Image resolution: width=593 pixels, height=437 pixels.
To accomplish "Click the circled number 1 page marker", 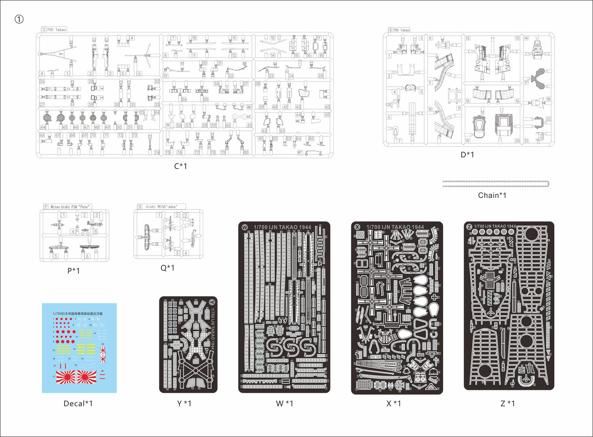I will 19,19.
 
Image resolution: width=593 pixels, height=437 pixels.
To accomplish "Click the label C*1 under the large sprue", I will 181,166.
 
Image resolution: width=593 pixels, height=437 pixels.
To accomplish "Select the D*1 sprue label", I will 467,155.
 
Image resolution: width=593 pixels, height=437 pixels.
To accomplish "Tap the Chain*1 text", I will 492,195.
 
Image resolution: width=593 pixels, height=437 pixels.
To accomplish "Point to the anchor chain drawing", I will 496,184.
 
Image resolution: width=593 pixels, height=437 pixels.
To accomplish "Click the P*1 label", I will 74,271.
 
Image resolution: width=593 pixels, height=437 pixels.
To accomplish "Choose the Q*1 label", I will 167,268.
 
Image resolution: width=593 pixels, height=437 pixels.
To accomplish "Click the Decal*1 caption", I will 78,403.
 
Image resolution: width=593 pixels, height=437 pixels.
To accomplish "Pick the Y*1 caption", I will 184,403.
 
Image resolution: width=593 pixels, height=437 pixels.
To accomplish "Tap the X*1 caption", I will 394,403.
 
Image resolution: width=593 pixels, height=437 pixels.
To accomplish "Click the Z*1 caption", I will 508,403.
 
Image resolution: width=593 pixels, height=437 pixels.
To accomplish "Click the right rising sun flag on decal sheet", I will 87,378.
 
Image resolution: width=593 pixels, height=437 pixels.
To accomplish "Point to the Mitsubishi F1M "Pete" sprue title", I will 70,207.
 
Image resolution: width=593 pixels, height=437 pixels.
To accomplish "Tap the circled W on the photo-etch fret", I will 245,227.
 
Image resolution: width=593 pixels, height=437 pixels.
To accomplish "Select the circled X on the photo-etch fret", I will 357,227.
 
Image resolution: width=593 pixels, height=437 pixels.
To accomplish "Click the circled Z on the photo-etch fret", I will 469,227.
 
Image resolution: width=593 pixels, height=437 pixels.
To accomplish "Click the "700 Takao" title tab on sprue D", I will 402,30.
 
